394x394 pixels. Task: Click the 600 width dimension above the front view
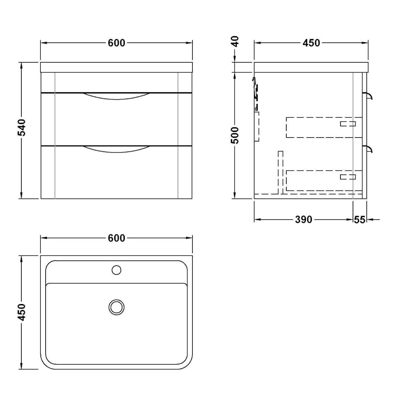click(116, 43)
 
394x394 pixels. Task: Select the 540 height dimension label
click(21, 128)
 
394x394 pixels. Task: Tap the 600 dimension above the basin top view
click(116, 238)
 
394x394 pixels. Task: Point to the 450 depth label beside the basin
click(21, 312)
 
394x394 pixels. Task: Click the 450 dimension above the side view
click(311, 43)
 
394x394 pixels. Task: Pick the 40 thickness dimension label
click(235, 41)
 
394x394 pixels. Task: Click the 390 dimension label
click(304, 220)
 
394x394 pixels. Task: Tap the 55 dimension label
click(360, 220)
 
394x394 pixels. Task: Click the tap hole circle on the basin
click(116, 270)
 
